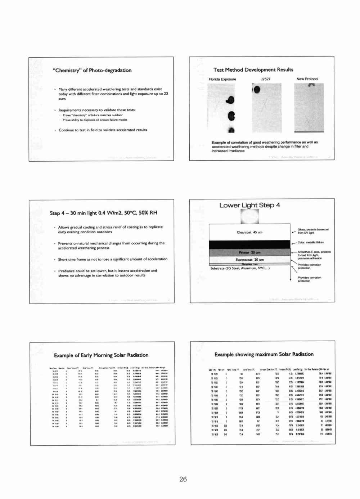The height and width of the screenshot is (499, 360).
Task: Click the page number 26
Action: [183, 479]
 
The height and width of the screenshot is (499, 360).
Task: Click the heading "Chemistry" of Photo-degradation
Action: [93, 71]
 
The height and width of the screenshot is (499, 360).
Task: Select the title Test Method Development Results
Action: [253, 70]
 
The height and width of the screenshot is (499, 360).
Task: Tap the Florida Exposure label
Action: [222, 79]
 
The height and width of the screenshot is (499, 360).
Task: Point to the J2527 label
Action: [265, 79]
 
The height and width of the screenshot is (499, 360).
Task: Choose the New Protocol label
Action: [307, 79]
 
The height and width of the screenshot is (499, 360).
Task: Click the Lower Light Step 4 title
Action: [249, 205]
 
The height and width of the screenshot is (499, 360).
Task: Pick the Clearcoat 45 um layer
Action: [249, 232]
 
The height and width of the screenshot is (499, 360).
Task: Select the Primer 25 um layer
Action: [249, 252]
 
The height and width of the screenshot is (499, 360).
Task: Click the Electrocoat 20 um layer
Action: [249, 260]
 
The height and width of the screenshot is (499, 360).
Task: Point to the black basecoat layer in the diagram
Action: [249, 244]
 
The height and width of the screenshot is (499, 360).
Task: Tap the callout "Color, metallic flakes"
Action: [310, 242]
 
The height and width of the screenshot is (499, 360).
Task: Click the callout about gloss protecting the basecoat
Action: [313, 231]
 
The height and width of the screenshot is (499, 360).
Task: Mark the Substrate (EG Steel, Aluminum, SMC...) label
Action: [240, 268]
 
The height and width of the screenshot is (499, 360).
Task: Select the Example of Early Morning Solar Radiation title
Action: [101, 355]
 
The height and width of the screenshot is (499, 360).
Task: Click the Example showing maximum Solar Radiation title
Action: [264, 354]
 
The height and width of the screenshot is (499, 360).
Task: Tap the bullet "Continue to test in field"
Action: [103, 130]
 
